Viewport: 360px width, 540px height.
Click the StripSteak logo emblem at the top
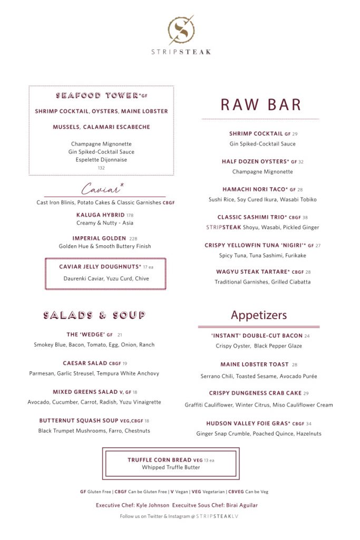181,29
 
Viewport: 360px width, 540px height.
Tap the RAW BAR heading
260,104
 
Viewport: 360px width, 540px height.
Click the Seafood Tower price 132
101,168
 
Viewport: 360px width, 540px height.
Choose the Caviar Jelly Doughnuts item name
100,267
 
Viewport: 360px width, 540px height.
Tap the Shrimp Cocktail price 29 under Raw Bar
295,134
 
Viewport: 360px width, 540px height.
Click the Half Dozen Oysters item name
255,162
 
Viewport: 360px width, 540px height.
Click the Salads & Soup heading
94,315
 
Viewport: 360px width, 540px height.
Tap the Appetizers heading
259,315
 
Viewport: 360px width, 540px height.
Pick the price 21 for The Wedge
120,335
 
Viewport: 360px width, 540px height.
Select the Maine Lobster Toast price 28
295,364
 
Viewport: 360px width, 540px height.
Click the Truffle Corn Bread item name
159,460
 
